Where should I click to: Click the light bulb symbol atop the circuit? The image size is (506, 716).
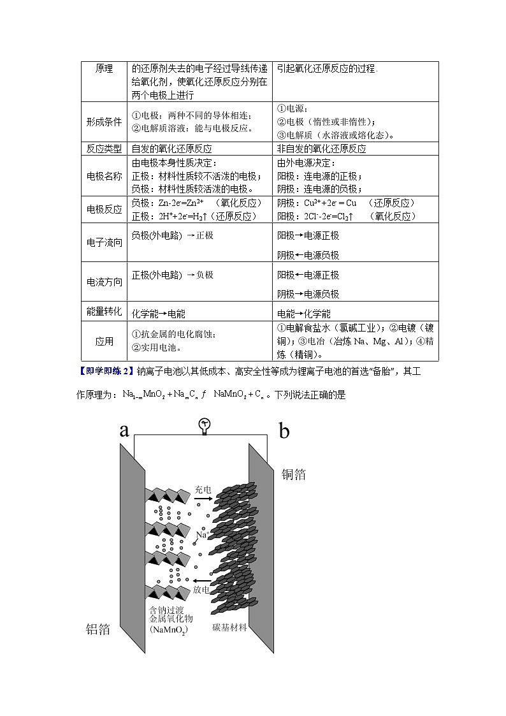[205, 426]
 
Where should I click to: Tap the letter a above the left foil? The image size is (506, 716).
[124, 430]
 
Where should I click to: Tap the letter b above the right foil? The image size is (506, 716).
[284, 432]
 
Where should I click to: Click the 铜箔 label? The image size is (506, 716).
[293, 474]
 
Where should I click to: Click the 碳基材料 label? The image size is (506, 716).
[229, 627]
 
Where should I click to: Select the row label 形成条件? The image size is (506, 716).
[104, 122]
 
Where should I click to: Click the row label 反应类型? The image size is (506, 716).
[104, 148]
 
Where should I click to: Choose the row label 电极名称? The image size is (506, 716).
[104, 176]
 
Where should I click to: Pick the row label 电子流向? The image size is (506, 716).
[104, 242]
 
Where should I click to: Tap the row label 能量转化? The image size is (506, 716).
[104, 311]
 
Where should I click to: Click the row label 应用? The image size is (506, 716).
[104, 341]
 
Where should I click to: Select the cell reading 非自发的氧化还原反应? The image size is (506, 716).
[321, 149]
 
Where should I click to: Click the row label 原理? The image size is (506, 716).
[104, 69]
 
